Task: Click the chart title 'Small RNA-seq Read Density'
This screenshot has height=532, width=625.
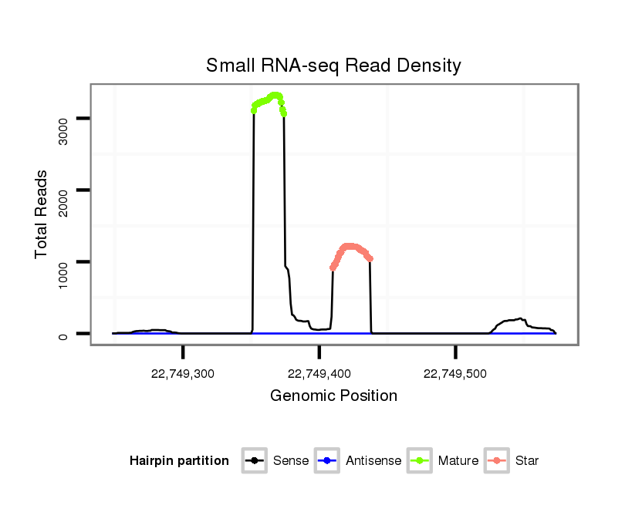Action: (x=333, y=66)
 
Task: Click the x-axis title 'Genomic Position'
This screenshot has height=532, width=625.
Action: (x=333, y=396)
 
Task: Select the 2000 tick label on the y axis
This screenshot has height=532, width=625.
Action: (x=63, y=204)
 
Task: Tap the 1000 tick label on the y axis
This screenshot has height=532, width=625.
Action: (x=63, y=275)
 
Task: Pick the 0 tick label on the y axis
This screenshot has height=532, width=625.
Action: (x=63, y=334)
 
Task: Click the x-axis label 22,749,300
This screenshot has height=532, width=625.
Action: (x=183, y=374)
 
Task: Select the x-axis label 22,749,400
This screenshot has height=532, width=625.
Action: (x=319, y=374)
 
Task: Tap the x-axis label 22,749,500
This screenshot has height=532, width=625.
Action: (x=455, y=374)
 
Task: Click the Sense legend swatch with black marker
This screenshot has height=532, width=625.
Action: (x=255, y=461)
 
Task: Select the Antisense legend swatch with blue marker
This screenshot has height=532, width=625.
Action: (x=327, y=461)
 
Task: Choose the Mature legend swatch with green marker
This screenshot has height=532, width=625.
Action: (x=420, y=461)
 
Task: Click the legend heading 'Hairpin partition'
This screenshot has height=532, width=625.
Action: (x=179, y=461)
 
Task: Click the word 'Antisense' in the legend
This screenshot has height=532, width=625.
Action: (x=373, y=461)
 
